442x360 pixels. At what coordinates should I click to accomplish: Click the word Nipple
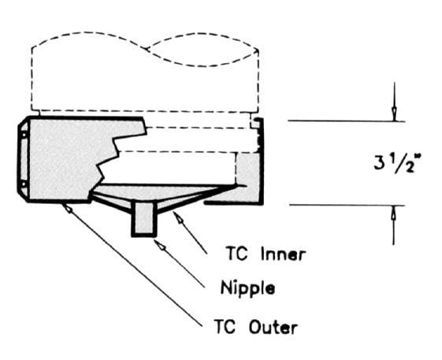247,288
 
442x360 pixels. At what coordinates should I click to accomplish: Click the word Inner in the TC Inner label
283,254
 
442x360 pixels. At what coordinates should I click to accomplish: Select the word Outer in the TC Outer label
273,327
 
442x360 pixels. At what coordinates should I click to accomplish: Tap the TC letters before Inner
237,253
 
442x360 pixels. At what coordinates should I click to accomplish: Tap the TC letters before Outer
225,326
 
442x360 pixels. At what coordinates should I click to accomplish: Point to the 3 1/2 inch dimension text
396,164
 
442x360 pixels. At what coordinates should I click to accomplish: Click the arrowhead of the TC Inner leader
178,217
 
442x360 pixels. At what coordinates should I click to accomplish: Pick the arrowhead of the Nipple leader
159,244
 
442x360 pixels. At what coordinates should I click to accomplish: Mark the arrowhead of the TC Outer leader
68,208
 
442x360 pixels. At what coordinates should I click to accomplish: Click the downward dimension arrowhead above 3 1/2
395,115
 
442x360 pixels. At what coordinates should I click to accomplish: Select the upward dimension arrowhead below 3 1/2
394,213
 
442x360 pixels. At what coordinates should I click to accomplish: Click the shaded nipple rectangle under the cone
144,218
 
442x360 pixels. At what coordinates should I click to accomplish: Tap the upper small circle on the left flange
24,135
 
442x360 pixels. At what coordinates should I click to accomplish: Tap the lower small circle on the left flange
24,184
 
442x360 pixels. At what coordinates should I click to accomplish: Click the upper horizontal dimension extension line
347,121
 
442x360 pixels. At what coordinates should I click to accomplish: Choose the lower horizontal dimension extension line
347,205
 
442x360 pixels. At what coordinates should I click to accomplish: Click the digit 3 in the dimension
379,164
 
